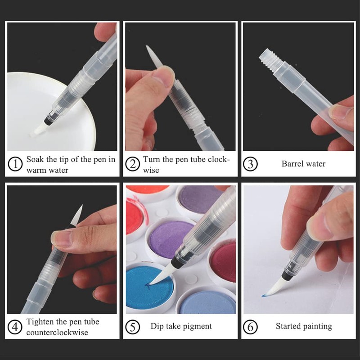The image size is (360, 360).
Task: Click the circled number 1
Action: [x=15, y=164]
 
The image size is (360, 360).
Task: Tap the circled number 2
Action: [x=133, y=164]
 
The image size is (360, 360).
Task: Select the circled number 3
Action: [x=250, y=164]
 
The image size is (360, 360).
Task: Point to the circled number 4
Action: [x=15, y=327]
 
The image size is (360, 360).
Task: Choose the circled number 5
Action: [x=133, y=327]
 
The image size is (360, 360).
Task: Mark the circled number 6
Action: [x=250, y=327]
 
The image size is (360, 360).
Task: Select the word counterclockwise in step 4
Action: [x=57, y=333]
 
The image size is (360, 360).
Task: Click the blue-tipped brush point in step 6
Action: [x=263, y=296]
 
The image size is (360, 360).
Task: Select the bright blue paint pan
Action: [x=150, y=287]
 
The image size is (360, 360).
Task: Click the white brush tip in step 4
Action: [x=76, y=215]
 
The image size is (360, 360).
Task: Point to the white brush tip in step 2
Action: [x=153, y=56]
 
